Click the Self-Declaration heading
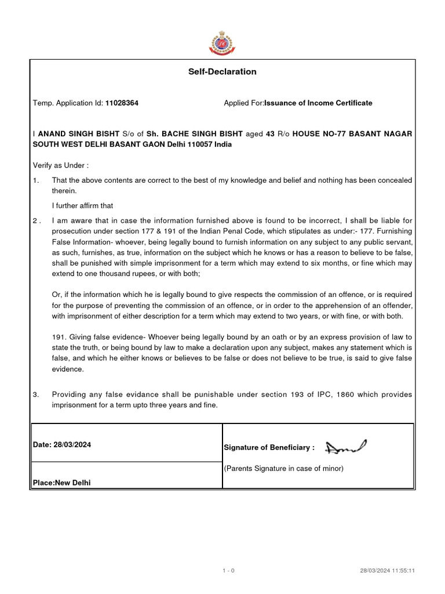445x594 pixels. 222,72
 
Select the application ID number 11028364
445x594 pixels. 122,103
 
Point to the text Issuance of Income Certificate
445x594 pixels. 318,103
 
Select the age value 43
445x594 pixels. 270,134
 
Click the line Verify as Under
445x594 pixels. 61,165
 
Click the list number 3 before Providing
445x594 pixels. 35,394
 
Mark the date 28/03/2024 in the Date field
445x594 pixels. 72,445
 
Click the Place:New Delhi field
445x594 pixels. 61,482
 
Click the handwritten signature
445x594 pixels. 346,446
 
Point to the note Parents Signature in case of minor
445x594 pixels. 284,469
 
